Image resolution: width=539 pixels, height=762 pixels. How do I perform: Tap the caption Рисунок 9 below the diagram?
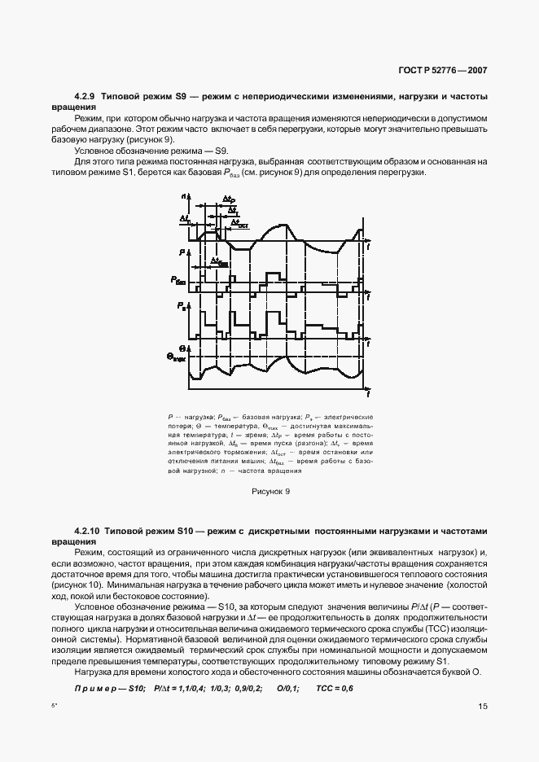[269, 491]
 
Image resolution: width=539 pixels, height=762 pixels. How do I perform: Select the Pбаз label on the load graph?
[179, 279]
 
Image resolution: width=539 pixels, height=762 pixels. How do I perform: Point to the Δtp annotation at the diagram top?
[229, 199]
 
